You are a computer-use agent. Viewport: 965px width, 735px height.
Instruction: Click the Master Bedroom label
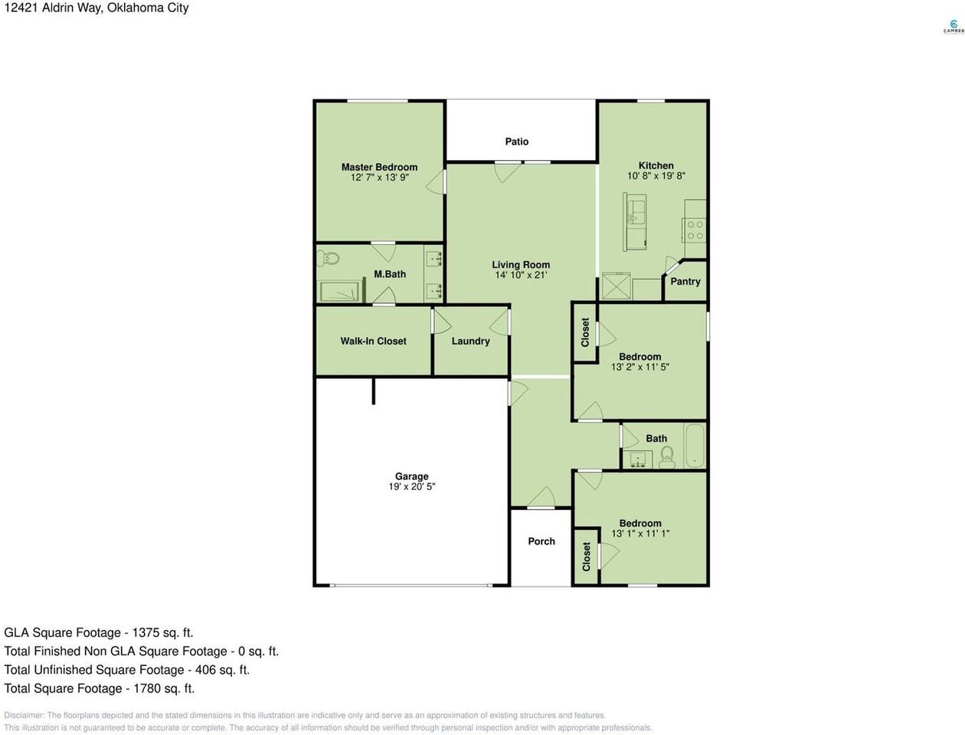[379, 167]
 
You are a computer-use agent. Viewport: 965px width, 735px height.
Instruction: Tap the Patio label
[517, 142]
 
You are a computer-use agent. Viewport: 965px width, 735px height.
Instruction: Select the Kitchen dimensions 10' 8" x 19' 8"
[656, 175]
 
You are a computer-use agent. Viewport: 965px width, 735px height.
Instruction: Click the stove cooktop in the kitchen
[695, 230]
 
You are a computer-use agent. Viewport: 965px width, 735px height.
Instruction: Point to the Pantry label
[685, 282]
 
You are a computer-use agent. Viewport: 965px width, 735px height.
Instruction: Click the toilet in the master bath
[330, 259]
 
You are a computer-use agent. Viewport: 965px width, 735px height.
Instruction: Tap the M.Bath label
[390, 274]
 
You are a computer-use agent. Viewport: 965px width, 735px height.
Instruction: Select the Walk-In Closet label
[373, 341]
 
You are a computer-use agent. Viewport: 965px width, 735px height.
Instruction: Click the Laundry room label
[470, 341]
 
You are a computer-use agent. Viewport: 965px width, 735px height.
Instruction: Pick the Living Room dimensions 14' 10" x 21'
[521, 275]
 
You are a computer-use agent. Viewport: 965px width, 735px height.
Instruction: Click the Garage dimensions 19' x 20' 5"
[411, 486]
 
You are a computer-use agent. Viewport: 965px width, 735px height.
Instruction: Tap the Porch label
[541, 541]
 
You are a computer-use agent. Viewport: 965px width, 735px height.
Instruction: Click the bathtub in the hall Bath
[695, 446]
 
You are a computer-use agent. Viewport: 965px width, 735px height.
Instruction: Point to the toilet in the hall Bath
[666, 456]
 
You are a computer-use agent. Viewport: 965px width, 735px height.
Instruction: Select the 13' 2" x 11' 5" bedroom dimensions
[640, 367]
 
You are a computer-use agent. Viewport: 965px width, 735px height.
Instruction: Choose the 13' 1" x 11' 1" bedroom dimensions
[640, 534]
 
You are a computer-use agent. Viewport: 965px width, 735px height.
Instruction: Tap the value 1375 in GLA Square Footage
[146, 633]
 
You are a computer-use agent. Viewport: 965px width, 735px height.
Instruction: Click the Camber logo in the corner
[953, 27]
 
